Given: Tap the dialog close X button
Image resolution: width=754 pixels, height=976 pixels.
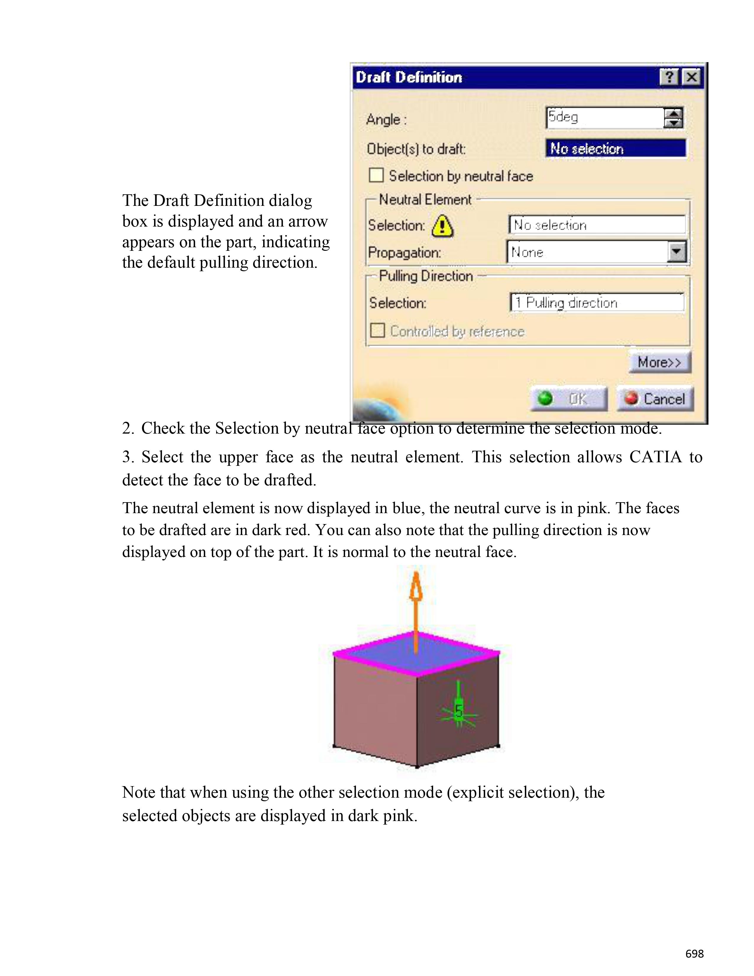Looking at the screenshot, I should click(692, 77).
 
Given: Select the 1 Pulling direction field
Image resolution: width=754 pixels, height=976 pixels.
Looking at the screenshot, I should click(597, 303).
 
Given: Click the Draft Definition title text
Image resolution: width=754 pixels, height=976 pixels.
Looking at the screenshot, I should click(409, 77).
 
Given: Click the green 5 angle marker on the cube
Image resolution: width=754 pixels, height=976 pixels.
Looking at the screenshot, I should click(459, 710).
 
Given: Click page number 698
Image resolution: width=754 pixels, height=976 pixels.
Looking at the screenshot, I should click(695, 953).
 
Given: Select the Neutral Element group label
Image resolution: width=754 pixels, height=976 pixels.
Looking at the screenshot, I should click(425, 199).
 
